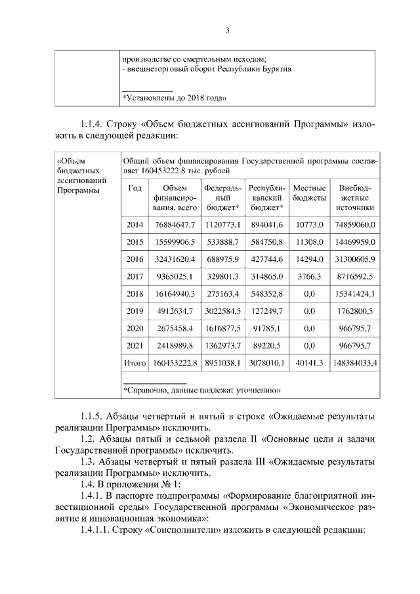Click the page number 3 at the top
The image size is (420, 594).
[227, 30]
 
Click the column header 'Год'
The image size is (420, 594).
[135, 188]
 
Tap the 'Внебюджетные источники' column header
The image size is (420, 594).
[355, 198]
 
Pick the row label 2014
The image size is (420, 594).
[135, 224]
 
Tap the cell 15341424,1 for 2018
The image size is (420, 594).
[355, 293]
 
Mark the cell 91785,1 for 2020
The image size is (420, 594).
[266, 328]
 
